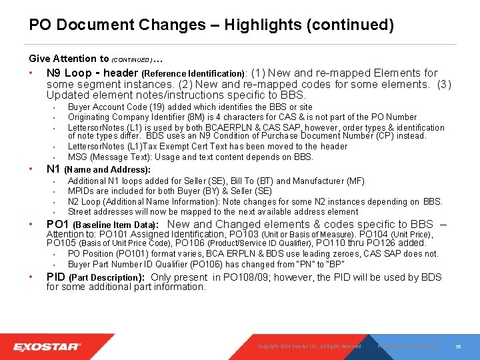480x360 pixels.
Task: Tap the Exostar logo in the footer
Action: [x=47, y=347]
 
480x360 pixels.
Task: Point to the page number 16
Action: [x=459, y=347]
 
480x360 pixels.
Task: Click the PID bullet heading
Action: [x=56, y=277]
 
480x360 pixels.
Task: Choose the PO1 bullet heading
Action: [x=57, y=224]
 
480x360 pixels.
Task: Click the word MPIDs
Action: [x=81, y=191]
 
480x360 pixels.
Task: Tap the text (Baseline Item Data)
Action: [x=115, y=225]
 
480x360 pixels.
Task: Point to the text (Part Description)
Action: [x=107, y=277]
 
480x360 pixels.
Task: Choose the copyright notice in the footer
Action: [x=309, y=347]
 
